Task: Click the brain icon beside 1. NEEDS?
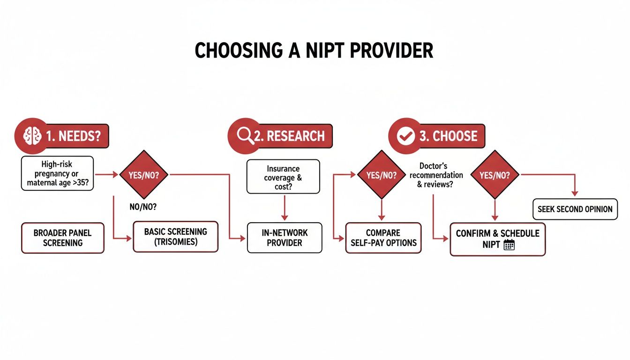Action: (32, 136)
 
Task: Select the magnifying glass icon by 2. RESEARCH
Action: (245, 136)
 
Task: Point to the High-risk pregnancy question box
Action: (57, 173)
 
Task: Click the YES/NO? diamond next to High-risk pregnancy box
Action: (144, 174)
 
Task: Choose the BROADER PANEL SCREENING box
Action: (62, 238)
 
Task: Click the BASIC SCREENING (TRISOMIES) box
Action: (175, 237)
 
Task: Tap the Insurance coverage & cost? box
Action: (283, 177)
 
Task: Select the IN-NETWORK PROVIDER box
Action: (285, 238)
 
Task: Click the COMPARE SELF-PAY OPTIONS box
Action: (383, 238)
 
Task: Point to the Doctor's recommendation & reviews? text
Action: (436, 175)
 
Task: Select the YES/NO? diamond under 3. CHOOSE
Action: (494, 174)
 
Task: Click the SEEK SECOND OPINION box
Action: (575, 209)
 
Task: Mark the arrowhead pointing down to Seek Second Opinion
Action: (575, 193)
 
